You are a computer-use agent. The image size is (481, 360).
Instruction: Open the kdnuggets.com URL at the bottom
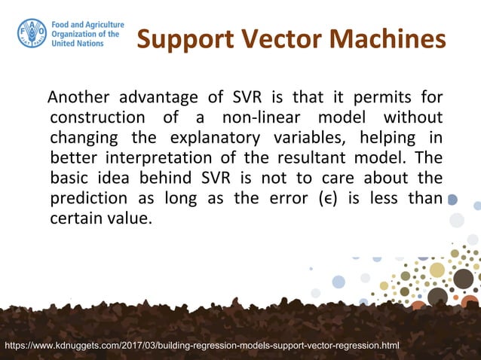point(202,346)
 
